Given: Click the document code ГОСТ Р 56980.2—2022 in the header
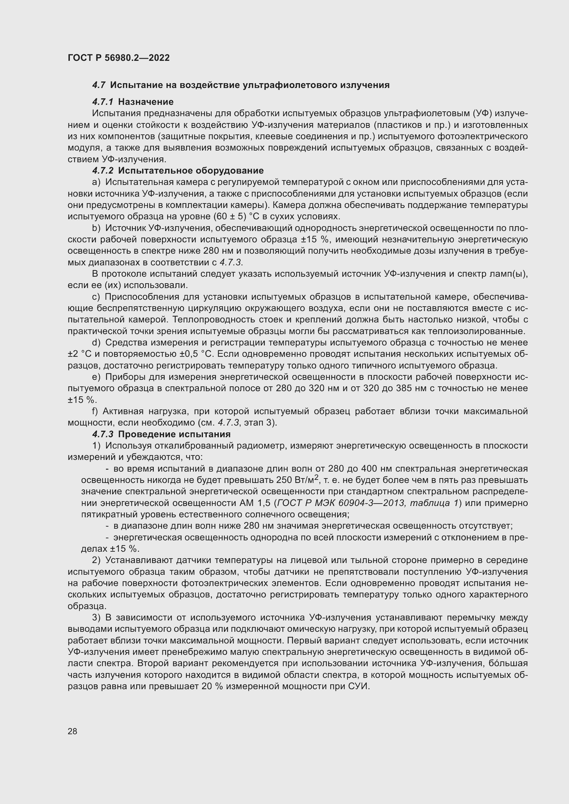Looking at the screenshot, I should click(x=119, y=58).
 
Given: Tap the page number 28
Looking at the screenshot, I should click(x=73, y=731).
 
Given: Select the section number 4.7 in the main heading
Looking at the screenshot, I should click(x=99, y=85).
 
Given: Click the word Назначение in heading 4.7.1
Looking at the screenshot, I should click(x=146, y=102).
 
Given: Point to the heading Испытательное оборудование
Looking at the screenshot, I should click(x=191, y=170).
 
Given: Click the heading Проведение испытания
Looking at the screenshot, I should click(x=174, y=434).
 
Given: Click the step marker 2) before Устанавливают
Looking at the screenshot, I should click(x=96, y=560).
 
